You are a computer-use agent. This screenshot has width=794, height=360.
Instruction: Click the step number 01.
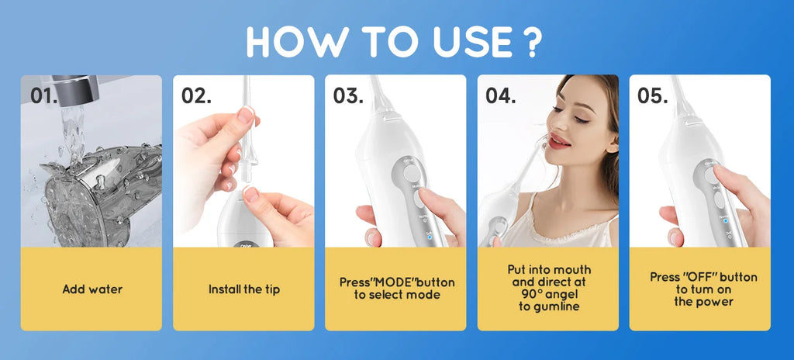tap(44, 95)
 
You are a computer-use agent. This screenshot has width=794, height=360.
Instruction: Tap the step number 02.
tap(197, 95)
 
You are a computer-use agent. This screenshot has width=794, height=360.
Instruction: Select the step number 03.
tap(349, 95)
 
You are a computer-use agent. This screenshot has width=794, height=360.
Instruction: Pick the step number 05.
tap(653, 95)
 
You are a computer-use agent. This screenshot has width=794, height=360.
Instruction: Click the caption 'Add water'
tap(92, 289)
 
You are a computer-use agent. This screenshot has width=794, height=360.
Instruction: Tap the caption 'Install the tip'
tap(244, 289)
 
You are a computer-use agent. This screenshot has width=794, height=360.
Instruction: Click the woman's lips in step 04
tap(558, 140)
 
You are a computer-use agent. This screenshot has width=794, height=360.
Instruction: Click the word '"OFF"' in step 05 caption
tap(695, 277)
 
